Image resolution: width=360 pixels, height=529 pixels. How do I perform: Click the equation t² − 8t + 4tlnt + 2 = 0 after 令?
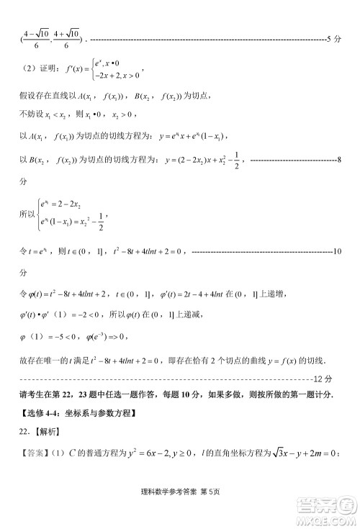(145, 252)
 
